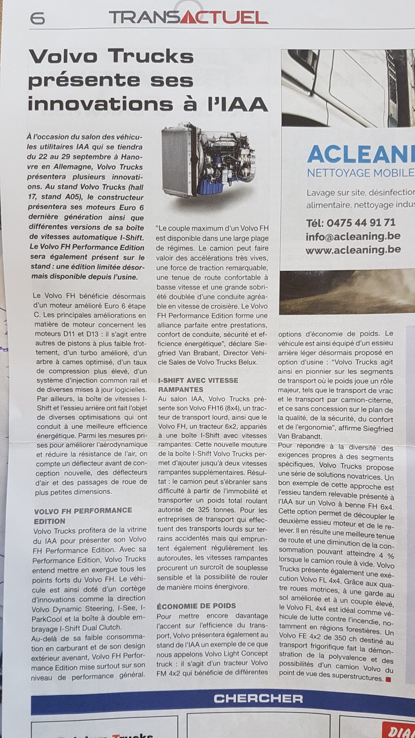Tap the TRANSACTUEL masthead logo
188,18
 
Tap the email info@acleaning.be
353,236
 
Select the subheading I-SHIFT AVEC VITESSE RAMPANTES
198,385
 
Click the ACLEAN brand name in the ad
361,155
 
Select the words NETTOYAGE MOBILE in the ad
361,173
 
